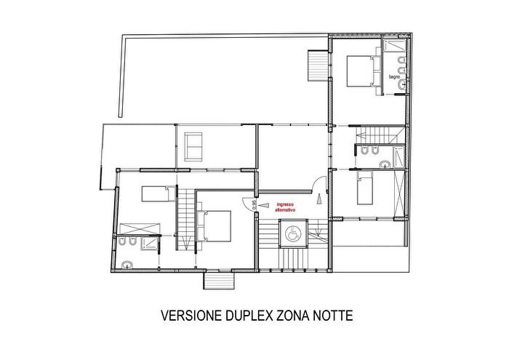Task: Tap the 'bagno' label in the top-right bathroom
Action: click(395, 76)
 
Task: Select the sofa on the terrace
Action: click(194, 146)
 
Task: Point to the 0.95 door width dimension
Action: click(254, 204)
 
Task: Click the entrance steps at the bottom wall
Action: click(217, 279)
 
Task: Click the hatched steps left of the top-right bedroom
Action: click(318, 66)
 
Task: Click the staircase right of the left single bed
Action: click(187, 218)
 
